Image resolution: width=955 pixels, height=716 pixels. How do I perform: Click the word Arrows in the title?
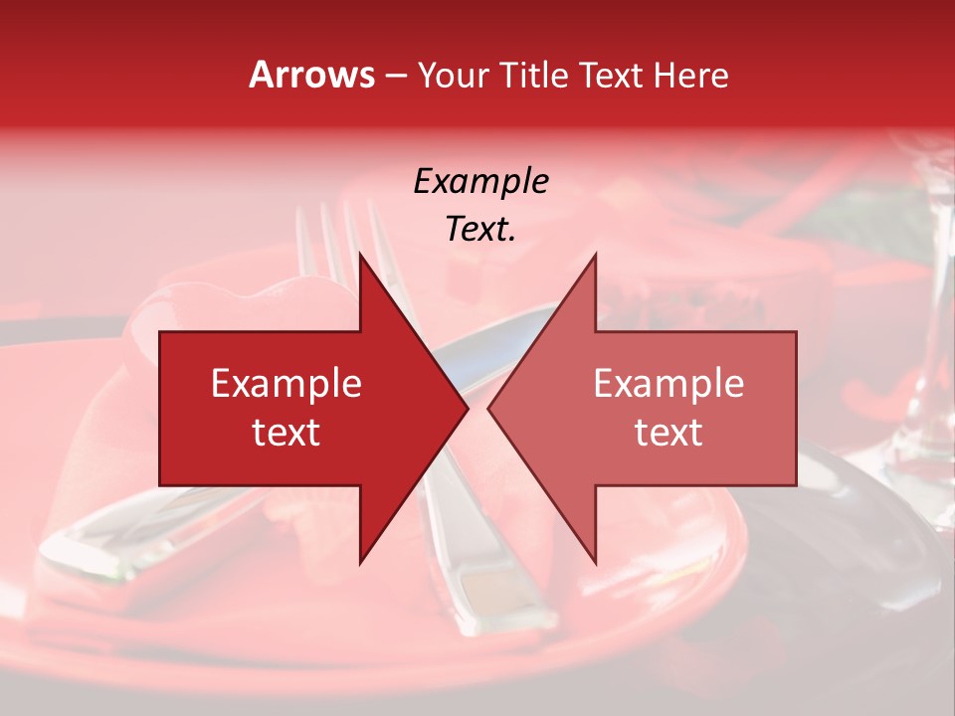click(312, 75)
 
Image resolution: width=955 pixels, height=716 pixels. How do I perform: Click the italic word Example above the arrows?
click(480, 182)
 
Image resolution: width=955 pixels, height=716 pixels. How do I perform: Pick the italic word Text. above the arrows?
click(480, 230)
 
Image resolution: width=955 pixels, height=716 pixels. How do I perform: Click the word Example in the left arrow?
click(286, 384)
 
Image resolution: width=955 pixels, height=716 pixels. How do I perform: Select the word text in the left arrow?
click(286, 433)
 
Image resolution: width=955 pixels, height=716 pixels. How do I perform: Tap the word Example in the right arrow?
click(668, 384)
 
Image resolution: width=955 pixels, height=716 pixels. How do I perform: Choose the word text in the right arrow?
click(668, 433)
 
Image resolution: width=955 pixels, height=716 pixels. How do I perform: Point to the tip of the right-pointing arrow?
click(467, 409)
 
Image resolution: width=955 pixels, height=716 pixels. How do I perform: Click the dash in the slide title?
click(395, 76)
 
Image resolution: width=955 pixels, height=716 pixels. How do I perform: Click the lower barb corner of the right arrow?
click(595, 562)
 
